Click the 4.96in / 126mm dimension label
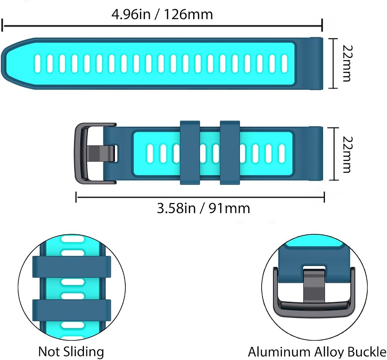pos(162,14)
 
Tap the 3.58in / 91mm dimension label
pos(204,208)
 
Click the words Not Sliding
pos(71,351)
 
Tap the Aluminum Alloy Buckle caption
pos(317,352)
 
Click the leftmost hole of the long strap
pos(38,64)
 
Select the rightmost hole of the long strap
pos(284,64)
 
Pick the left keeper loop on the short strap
pos(190,153)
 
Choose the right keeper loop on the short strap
pos(230,153)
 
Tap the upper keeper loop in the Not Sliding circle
pos(72,266)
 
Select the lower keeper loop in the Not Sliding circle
pos(72,310)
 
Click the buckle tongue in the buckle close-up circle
pos(314,286)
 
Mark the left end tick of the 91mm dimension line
pos(76,197)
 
